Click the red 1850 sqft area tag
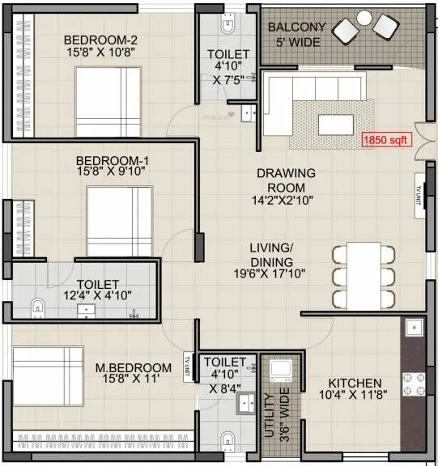coord(387,139)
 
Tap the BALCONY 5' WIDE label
coord(297,33)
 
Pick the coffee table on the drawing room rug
coord(334,125)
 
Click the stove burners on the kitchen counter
coord(413,386)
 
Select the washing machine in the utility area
coord(282,371)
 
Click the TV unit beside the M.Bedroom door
coord(188,359)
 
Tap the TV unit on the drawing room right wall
coord(420,195)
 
